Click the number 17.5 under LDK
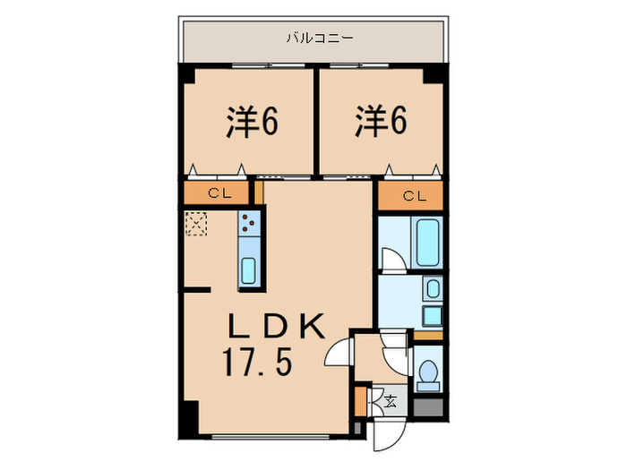tap(257, 363)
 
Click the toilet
tap(428, 374)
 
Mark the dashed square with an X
tap(196, 222)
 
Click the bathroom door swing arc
tap(391, 260)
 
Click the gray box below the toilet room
tap(428, 405)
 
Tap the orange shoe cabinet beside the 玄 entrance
tap(362, 400)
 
